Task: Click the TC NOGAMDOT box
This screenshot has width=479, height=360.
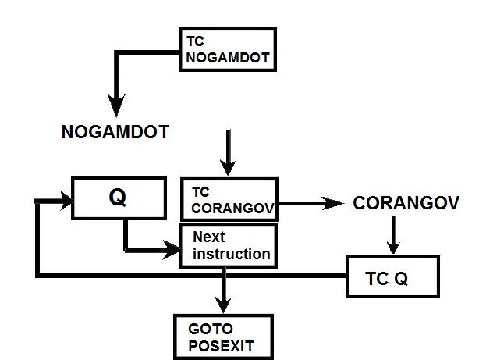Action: (x=228, y=49)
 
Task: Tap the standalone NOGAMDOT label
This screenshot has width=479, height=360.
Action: (x=115, y=133)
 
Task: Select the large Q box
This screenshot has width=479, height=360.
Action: (x=118, y=198)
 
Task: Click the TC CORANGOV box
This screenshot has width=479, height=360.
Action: (x=229, y=200)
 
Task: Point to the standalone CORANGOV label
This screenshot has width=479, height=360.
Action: (x=405, y=203)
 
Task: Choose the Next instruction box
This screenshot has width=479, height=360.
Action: (x=229, y=246)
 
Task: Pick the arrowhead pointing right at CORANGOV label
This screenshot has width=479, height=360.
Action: (x=335, y=203)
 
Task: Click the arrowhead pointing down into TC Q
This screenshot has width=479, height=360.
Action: (x=393, y=245)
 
